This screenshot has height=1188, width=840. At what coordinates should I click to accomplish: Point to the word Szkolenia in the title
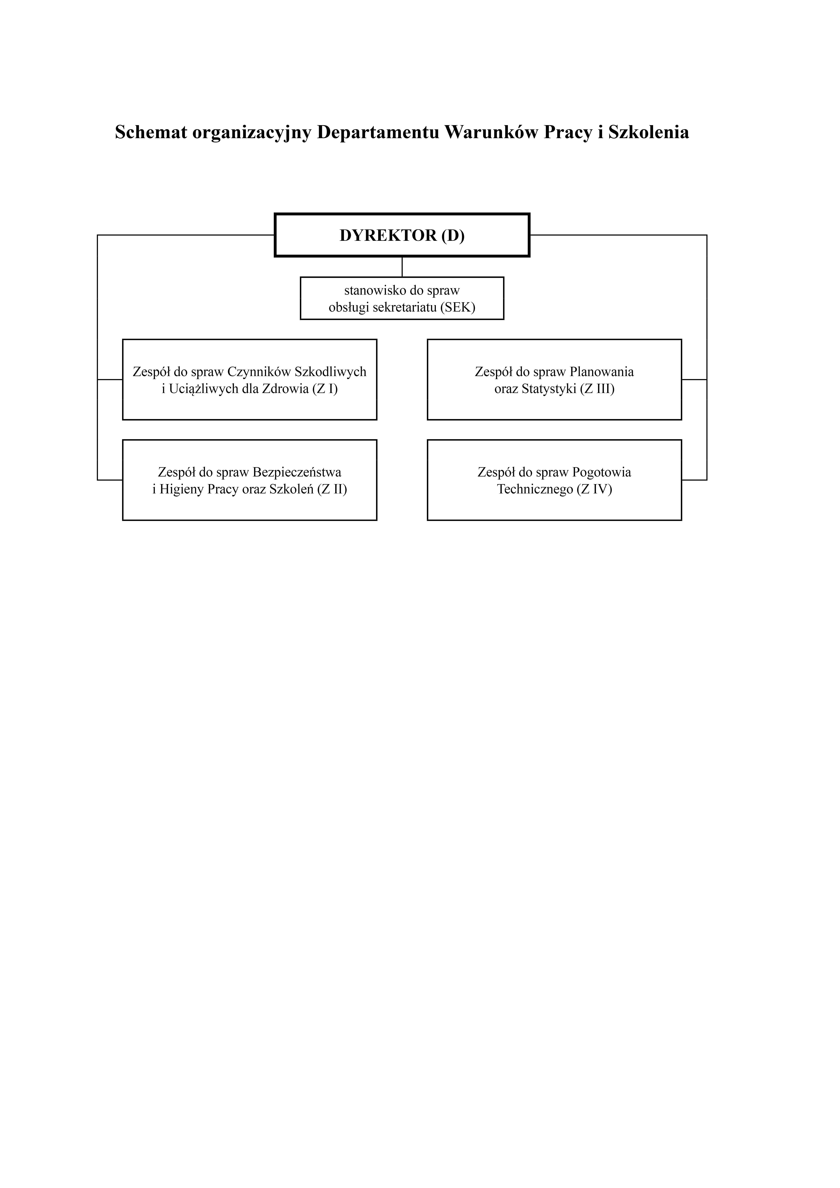(x=648, y=132)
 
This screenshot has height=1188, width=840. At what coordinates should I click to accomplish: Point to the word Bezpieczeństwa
(x=297, y=472)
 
